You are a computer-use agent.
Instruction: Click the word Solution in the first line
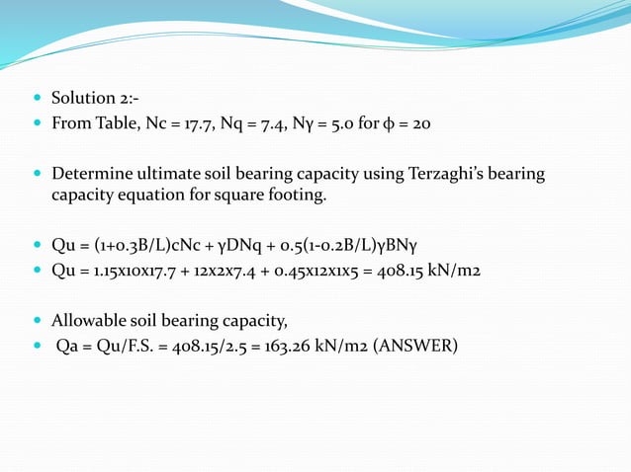[x=83, y=99]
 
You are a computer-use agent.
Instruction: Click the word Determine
[x=90, y=175]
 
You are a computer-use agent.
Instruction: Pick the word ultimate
[x=168, y=175]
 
